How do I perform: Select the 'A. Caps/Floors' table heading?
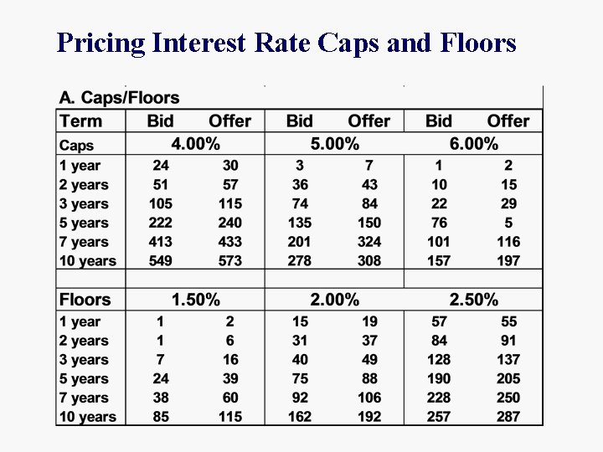(x=119, y=100)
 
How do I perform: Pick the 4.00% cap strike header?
(x=195, y=144)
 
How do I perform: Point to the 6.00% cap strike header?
(x=473, y=144)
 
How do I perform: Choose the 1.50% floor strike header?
(x=195, y=300)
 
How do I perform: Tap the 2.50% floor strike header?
(x=473, y=300)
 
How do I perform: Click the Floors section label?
(x=85, y=300)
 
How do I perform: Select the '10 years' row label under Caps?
(x=87, y=261)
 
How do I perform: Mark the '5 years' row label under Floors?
(x=84, y=379)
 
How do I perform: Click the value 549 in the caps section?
(x=160, y=261)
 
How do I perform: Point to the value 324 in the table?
(x=368, y=242)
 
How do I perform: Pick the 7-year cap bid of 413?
(x=160, y=242)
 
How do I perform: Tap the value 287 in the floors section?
(x=508, y=417)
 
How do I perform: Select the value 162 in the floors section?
(x=299, y=417)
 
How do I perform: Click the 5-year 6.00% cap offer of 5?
(x=508, y=223)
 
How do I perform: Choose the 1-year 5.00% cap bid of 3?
(x=300, y=166)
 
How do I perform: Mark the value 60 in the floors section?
(x=229, y=398)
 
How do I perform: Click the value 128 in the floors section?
(x=439, y=360)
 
